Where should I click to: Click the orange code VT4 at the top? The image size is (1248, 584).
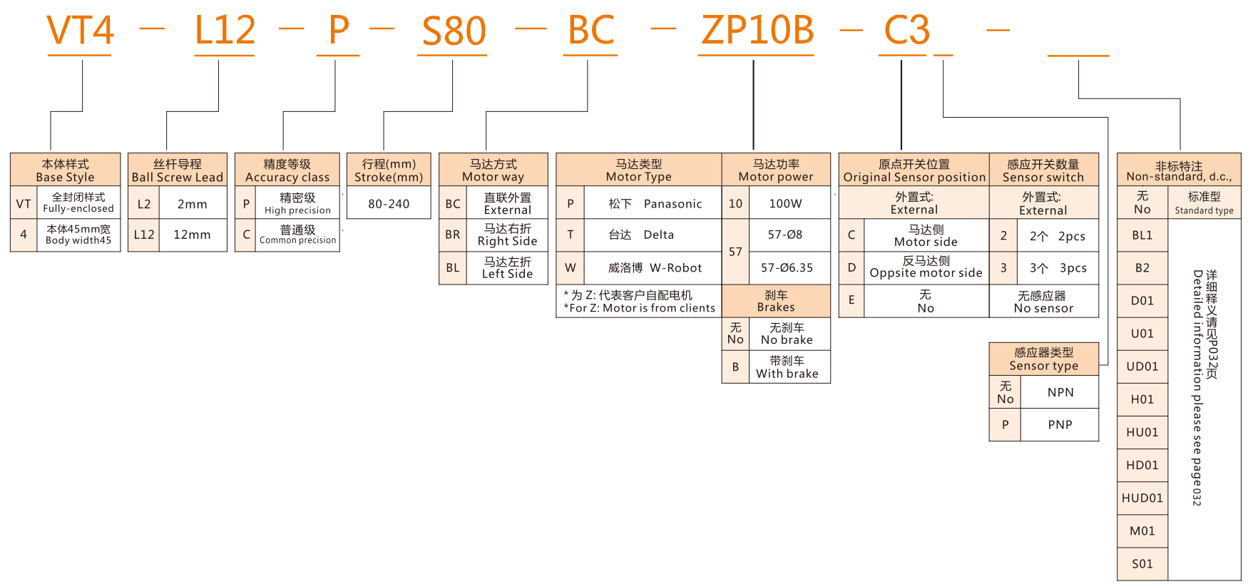[80, 31]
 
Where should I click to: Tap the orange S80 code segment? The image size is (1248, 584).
[454, 31]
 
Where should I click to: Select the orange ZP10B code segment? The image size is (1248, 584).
[757, 31]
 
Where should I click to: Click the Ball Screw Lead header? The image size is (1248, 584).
[177, 170]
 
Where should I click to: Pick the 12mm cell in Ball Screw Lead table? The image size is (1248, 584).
[192, 235]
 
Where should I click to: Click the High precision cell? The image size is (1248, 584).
[297, 203]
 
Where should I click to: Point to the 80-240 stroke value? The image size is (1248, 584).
[389, 204]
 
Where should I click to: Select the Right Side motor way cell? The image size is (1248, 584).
[507, 235]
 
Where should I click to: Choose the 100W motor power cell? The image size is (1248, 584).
[785, 204]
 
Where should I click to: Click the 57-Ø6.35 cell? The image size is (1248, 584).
[787, 268]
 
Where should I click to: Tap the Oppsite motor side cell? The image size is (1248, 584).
[926, 267]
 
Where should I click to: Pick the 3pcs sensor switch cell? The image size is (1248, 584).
[1058, 268]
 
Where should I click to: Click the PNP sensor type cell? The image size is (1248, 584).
[1060, 425]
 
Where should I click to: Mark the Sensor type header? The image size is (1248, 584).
[1043, 359]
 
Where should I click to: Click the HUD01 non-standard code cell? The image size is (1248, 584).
[1142, 498]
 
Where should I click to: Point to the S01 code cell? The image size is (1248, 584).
[1142, 564]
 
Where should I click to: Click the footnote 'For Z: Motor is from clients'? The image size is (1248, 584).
[639, 308]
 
